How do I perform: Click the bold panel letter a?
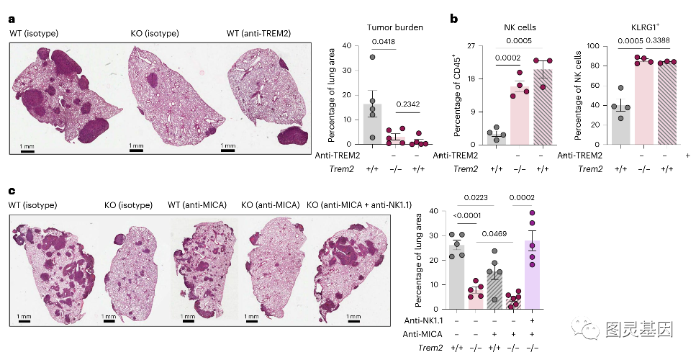pos(12,19)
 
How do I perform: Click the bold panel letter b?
pos(454,19)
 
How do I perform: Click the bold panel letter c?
pos(12,192)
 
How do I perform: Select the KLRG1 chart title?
pos(636,28)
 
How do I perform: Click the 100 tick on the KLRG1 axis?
pos(595,46)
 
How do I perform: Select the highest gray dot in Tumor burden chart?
pos(372,57)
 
